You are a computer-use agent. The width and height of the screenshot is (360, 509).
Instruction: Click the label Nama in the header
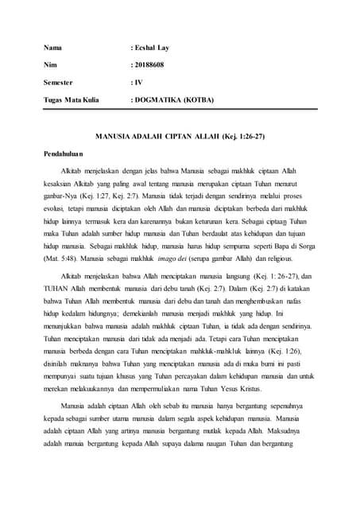[x=52, y=48]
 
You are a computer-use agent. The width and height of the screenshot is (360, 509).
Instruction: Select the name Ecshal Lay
[x=152, y=48]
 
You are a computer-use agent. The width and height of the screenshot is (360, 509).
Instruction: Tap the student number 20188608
[x=149, y=64]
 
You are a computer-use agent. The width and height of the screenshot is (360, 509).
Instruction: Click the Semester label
[x=60, y=82]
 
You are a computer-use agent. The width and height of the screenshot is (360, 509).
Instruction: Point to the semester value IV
[x=137, y=82]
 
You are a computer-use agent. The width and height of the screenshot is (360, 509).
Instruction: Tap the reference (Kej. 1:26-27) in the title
[x=238, y=137]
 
